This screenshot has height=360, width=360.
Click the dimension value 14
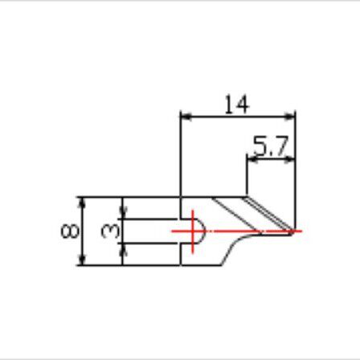point(237,104)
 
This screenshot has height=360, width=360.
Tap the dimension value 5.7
point(271,146)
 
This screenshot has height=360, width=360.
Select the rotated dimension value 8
point(70,231)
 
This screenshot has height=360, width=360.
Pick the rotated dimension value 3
point(110,231)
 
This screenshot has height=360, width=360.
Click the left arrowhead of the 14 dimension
point(186,117)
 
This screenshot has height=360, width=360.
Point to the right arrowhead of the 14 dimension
point(289,117)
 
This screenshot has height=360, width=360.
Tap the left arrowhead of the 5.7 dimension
point(252,160)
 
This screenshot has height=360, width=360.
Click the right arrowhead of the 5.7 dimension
point(289,160)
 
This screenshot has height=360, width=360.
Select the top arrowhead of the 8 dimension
point(83,202)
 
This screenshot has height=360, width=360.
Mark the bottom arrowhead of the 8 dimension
point(83,260)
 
